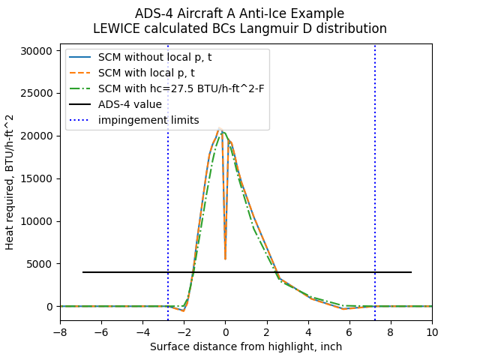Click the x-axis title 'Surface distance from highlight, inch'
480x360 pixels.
(246, 346)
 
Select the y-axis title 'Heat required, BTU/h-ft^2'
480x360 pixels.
(10, 182)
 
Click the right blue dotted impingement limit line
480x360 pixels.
(375, 187)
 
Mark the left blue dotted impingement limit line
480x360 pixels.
(168, 187)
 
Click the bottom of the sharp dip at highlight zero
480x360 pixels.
(225, 259)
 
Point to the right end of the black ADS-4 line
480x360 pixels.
(411, 272)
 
